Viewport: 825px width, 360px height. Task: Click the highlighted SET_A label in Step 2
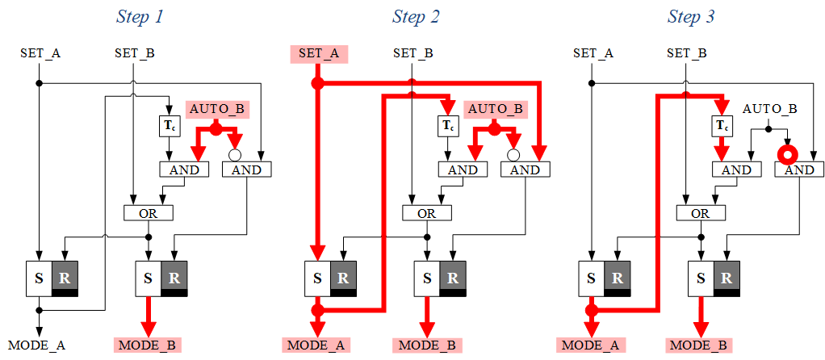(x=318, y=54)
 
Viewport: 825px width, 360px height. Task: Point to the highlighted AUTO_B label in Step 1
(x=216, y=108)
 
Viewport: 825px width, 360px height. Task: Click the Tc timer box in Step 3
(x=722, y=126)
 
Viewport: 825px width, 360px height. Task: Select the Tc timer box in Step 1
(x=169, y=126)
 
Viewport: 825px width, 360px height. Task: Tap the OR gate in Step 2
(x=426, y=213)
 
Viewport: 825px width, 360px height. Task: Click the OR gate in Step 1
(x=148, y=213)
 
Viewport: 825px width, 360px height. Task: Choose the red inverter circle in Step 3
(x=787, y=153)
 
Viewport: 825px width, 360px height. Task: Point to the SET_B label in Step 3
(x=686, y=54)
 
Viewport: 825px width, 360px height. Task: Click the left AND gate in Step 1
(x=184, y=170)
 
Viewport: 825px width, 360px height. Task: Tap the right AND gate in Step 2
(x=525, y=170)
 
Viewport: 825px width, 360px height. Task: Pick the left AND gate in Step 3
(x=735, y=170)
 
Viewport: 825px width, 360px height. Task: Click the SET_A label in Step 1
(x=40, y=54)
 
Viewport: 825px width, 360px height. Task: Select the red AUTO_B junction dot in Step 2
(x=494, y=129)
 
